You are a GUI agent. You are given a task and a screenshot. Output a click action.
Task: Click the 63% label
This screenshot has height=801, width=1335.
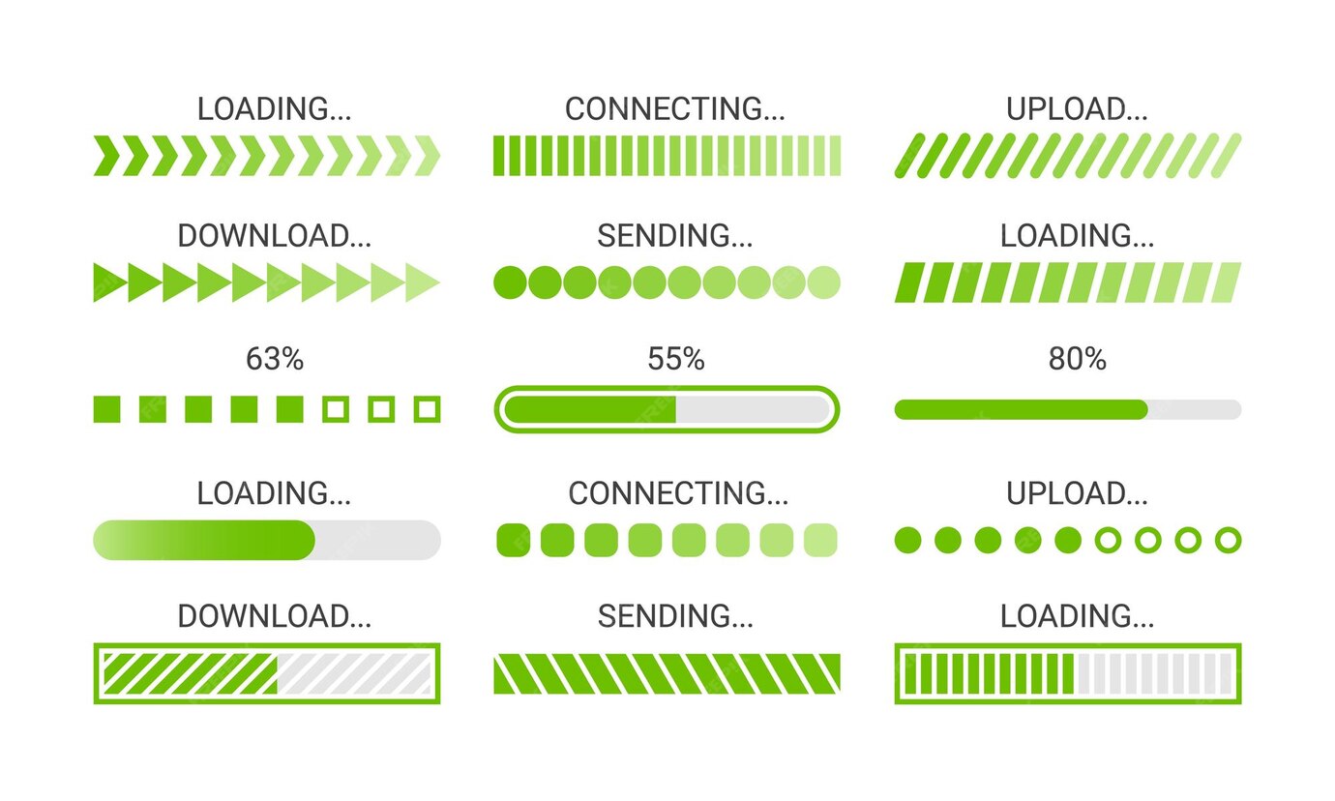(275, 360)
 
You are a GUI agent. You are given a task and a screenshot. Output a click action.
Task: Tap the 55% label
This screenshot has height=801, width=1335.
(676, 360)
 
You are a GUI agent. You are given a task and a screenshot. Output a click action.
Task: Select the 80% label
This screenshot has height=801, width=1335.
(1077, 360)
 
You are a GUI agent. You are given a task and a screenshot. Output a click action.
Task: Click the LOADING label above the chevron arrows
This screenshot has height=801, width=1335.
(274, 109)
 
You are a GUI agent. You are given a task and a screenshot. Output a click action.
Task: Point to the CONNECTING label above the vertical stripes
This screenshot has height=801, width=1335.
(675, 109)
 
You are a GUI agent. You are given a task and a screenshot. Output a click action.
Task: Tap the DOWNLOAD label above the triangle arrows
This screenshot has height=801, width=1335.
(274, 236)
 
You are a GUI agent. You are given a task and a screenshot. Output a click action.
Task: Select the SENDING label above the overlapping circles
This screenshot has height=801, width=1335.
(675, 236)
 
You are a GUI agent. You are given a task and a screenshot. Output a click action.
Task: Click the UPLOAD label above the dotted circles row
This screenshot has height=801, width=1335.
(1077, 493)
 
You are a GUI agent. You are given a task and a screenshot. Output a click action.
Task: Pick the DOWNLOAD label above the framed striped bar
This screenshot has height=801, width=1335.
(274, 616)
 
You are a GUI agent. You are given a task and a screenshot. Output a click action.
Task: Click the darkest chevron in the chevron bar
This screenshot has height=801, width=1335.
(107, 156)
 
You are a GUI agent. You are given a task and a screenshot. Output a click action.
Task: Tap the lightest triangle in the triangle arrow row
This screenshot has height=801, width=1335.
(423, 282)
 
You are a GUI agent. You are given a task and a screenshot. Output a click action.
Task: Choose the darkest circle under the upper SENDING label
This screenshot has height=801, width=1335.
(510, 282)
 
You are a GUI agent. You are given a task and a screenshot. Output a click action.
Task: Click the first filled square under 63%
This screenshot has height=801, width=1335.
(107, 409)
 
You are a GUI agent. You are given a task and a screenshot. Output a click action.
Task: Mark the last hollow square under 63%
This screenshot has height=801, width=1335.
(427, 409)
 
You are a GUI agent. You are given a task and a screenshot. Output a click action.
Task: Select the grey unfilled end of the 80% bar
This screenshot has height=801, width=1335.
(1195, 409)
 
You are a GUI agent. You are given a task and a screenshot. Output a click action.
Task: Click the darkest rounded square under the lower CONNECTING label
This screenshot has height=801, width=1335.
(513, 540)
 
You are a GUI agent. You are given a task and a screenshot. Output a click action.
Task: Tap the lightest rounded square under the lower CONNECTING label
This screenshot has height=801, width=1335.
(820, 540)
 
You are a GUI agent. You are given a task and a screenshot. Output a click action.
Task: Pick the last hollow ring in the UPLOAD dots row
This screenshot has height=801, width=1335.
(1228, 540)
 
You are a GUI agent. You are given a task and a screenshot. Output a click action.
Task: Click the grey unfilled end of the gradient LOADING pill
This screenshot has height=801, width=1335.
(379, 540)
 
